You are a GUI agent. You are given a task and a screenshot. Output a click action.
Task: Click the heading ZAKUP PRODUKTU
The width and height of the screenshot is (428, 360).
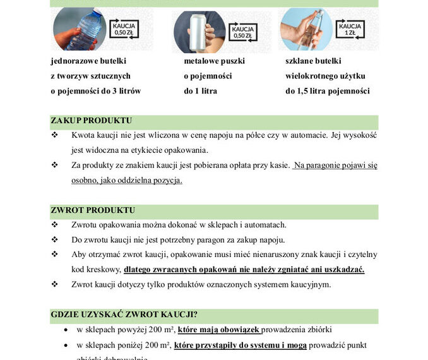tap(91, 121)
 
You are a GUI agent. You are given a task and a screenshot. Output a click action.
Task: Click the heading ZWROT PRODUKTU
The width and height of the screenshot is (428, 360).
tap(93, 210)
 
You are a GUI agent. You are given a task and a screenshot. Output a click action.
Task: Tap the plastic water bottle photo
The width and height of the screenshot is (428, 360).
tap(80, 29)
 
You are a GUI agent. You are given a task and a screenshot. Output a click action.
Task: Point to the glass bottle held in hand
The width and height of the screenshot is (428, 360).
tap(310, 29)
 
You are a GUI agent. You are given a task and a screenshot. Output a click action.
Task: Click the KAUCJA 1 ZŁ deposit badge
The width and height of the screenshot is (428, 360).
tap(351, 28)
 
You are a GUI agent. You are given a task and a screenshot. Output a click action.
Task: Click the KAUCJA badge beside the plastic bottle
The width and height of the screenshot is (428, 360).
tap(124, 28)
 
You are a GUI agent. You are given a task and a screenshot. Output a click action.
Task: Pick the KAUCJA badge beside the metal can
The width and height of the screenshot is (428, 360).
tap(243, 32)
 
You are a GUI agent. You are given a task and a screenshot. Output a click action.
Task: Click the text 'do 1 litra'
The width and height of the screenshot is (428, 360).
tap(200, 91)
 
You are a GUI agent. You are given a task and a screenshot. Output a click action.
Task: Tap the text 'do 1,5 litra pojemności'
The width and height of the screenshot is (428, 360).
tap(327, 91)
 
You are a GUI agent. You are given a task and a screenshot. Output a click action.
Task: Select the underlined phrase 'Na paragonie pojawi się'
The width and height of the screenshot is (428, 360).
tap(335, 165)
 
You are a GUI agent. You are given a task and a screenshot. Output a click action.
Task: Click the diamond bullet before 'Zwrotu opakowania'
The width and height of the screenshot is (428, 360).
tap(55, 225)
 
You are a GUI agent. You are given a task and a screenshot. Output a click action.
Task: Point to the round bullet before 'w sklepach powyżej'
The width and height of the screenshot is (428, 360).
tap(67, 330)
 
